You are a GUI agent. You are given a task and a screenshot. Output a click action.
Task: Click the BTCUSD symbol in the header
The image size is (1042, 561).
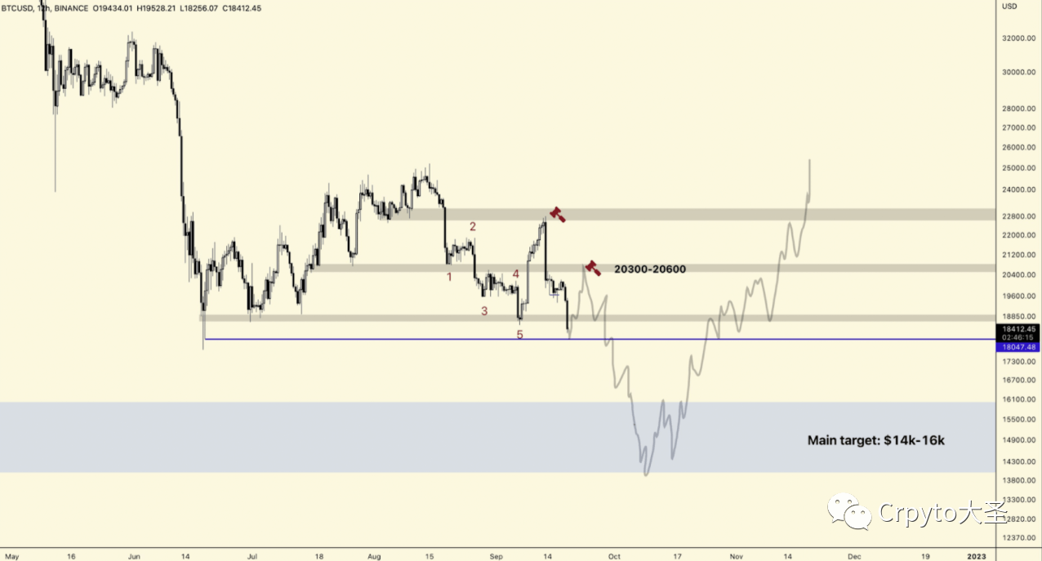[17, 7]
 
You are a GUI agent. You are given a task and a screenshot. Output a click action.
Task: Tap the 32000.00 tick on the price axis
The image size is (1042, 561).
[1019, 38]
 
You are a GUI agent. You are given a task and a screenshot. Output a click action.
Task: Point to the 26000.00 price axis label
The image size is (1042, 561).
[1019, 148]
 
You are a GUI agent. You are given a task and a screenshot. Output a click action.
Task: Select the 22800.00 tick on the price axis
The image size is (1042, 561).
[1019, 216]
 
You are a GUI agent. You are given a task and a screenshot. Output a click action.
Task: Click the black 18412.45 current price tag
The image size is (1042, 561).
[1018, 329]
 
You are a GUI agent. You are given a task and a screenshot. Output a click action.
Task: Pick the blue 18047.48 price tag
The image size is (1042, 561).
[1018, 347]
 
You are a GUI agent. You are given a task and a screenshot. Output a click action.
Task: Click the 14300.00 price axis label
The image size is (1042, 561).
[1019, 461]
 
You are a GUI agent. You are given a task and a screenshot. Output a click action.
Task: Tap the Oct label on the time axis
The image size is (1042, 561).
[614, 556]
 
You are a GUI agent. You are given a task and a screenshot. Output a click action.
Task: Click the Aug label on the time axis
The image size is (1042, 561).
[373, 556]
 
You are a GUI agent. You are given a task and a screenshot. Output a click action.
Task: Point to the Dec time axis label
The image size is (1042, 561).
[854, 556]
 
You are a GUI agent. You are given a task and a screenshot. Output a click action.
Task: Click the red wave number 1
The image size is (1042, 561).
[448, 277]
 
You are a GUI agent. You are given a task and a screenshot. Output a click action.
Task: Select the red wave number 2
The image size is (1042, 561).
[472, 226]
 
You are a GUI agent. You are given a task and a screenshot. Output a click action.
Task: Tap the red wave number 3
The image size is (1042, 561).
[484, 311]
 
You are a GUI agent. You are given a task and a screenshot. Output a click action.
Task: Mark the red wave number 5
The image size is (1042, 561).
[519, 335]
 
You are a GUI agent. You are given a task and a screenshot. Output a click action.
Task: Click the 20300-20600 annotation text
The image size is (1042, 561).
[649, 269]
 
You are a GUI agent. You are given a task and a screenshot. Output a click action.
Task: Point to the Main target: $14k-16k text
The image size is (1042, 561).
[875, 440]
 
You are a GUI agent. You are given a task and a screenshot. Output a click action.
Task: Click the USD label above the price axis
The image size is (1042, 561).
[1009, 7]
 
